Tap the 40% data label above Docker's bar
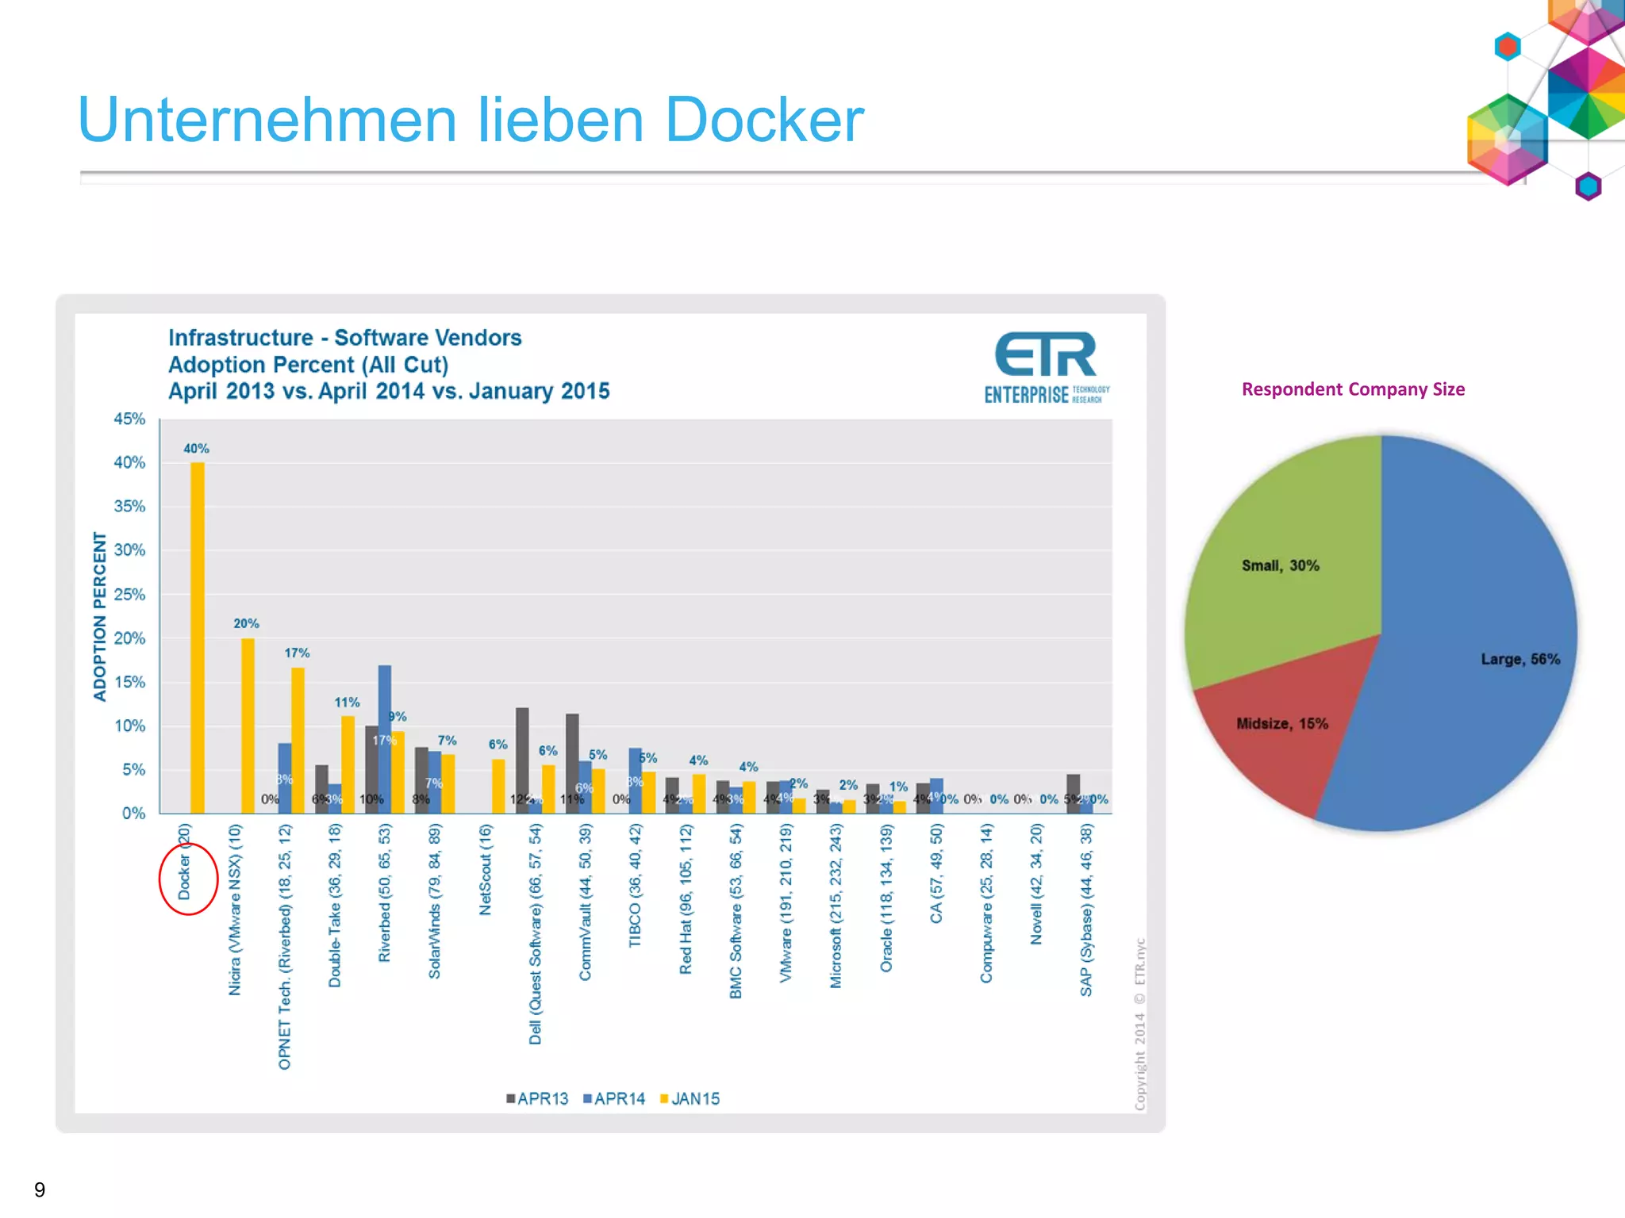(196, 449)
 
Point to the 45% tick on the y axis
(129, 419)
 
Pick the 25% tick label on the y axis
(129, 595)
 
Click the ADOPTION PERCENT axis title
(100, 616)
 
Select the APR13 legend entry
(537, 1099)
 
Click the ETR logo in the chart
(1046, 367)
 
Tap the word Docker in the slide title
(764, 121)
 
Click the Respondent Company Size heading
(1353, 389)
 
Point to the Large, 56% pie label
(1519, 660)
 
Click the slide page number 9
(40, 1189)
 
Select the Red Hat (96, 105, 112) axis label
(686, 899)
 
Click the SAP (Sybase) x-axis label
(1086, 910)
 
